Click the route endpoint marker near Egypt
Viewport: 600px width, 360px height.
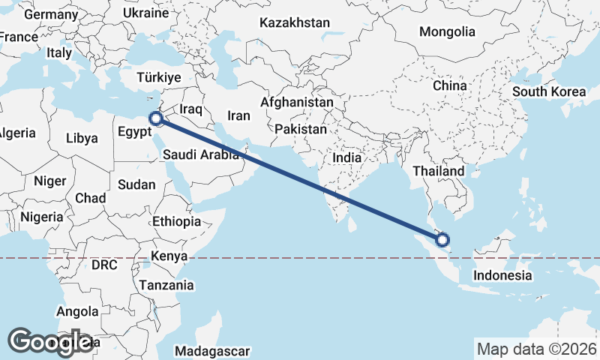tap(155, 118)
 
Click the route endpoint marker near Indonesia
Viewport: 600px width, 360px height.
tap(442, 240)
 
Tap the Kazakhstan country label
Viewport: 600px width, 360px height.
tap(295, 23)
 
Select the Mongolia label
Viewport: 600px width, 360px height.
tap(447, 31)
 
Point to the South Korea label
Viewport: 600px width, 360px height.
tap(549, 91)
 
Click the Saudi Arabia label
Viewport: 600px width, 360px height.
tap(201, 155)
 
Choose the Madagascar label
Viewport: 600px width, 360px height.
tap(212, 351)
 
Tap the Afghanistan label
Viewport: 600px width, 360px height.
tap(297, 101)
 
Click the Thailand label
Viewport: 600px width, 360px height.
tap(439, 171)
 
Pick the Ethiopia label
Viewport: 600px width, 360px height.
tap(176, 221)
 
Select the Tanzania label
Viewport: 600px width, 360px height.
tap(166, 285)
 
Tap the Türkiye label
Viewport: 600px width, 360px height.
tap(158, 77)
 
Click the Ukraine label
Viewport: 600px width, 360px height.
tap(145, 13)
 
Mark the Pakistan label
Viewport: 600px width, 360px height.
tap(301, 129)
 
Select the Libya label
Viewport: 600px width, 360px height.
tap(82, 138)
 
